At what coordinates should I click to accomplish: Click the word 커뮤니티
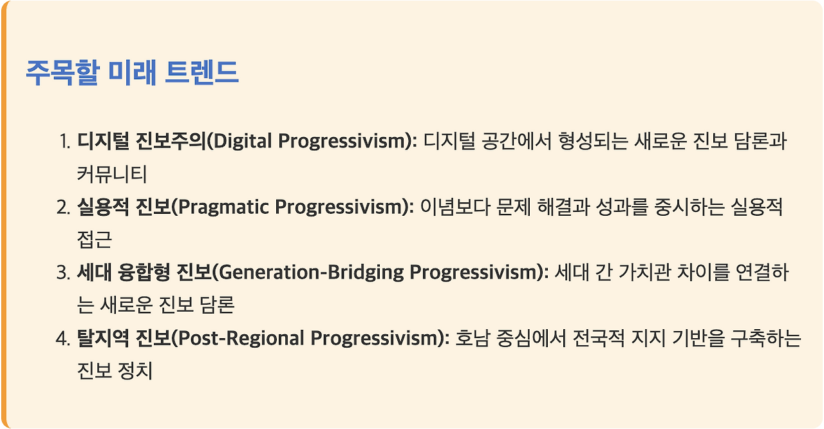(x=112, y=175)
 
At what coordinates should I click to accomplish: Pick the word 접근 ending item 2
(x=94, y=240)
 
